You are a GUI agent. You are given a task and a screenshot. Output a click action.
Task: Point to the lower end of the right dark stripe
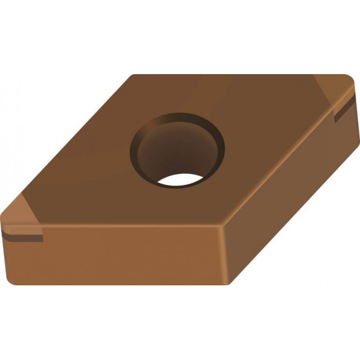pos(336,121)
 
